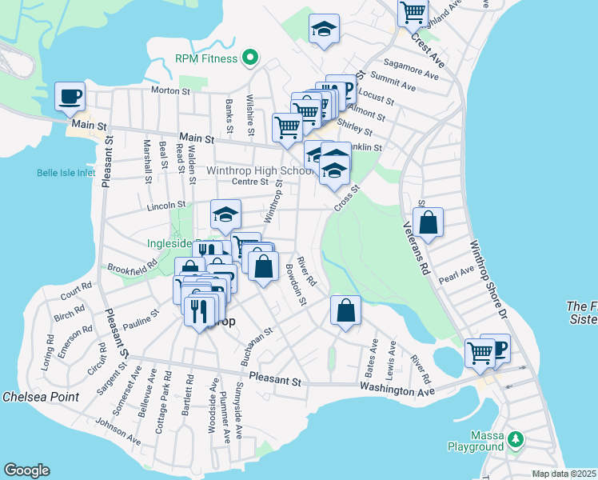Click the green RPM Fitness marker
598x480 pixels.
point(249,58)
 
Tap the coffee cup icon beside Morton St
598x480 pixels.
point(70,96)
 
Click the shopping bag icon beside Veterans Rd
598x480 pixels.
point(429,223)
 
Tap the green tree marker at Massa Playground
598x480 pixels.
point(516,438)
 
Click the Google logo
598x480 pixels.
point(26,470)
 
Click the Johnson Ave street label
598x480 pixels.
point(118,431)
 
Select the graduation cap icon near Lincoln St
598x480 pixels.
point(226,214)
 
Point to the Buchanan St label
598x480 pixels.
point(258,346)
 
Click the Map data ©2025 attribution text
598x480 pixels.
point(564,474)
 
